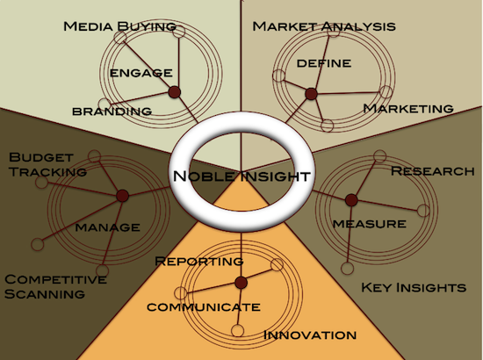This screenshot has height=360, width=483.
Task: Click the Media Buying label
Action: click(x=119, y=26)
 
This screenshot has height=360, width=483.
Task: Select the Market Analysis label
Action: click(x=324, y=26)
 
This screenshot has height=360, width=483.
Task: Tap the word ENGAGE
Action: click(x=141, y=73)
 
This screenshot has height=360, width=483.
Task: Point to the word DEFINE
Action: click(x=324, y=63)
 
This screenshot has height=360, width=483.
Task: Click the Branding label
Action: click(x=112, y=112)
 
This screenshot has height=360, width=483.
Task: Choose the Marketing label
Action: click(x=408, y=108)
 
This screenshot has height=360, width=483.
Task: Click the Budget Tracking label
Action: click(x=47, y=164)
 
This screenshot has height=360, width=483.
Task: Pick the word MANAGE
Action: click(x=107, y=227)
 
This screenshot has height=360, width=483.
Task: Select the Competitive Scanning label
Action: click(x=55, y=287)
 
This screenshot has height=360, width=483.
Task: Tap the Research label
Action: click(x=432, y=171)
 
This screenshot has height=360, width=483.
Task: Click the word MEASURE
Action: click(x=370, y=224)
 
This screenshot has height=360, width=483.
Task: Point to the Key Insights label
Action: click(x=414, y=288)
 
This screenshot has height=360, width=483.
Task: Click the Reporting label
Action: click(x=199, y=261)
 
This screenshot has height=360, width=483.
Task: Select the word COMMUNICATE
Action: click(x=204, y=307)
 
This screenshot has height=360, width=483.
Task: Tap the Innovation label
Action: click(x=310, y=335)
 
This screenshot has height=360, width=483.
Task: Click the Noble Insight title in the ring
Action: click(x=241, y=176)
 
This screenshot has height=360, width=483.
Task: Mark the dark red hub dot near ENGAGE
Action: click(x=175, y=92)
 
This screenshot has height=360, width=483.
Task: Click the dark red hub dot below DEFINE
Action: click(x=311, y=94)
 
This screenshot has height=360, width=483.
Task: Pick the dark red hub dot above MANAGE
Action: click(x=122, y=196)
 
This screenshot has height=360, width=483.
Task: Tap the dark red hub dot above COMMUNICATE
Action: click(x=241, y=283)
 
